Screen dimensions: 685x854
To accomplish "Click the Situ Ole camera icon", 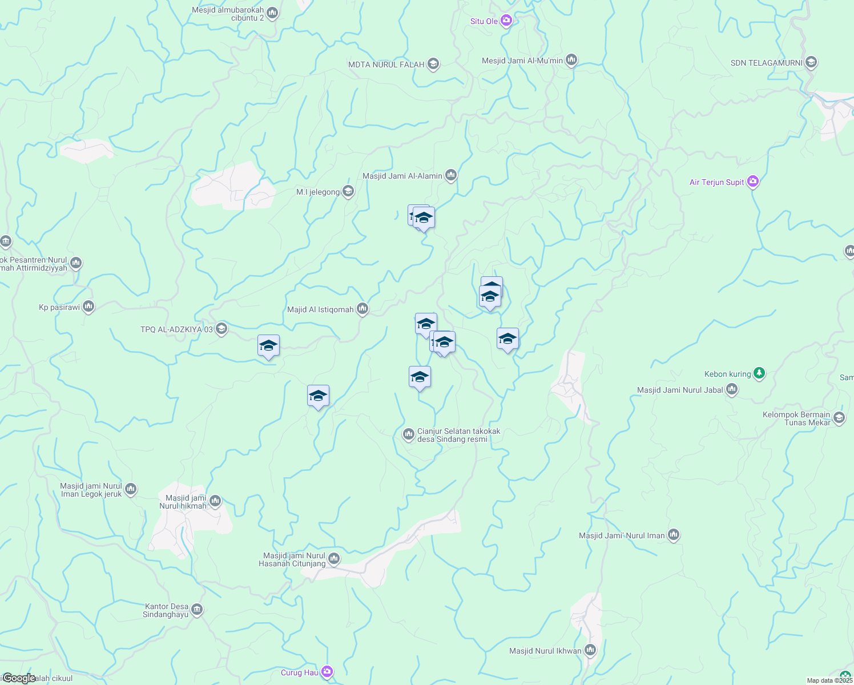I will [x=506, y=21].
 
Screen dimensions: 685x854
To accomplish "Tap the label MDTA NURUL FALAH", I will [x=386, y=65].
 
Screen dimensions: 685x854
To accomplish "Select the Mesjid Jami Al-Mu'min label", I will [x=522, y=61].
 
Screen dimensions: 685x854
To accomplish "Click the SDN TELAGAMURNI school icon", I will [x=811, y=63].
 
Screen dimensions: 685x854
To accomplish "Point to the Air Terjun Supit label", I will [x=716, y=183].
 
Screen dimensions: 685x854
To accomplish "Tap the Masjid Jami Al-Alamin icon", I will [x=451, y=175].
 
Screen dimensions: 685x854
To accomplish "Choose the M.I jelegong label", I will [x=318, y=192].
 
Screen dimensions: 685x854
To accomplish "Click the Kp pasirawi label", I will [x=59, y=308].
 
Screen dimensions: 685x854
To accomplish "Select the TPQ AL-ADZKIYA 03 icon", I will [x=221, y=329].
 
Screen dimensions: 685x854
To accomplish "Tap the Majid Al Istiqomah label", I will [x=320, y=310].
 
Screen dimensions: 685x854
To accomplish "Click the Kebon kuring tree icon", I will [x=759, y=374].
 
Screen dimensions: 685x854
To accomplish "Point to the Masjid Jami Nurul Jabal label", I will [x=680, y=390].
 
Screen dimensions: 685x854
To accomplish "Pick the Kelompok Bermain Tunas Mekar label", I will [x=796, y=418].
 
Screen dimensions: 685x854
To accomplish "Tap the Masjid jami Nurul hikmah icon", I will [x=215, y=501].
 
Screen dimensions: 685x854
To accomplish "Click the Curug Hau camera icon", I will [x=327, y=672].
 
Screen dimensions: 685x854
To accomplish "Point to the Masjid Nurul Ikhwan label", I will [x=545, y=651].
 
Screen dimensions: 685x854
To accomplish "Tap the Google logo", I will [x=18, y=678].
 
